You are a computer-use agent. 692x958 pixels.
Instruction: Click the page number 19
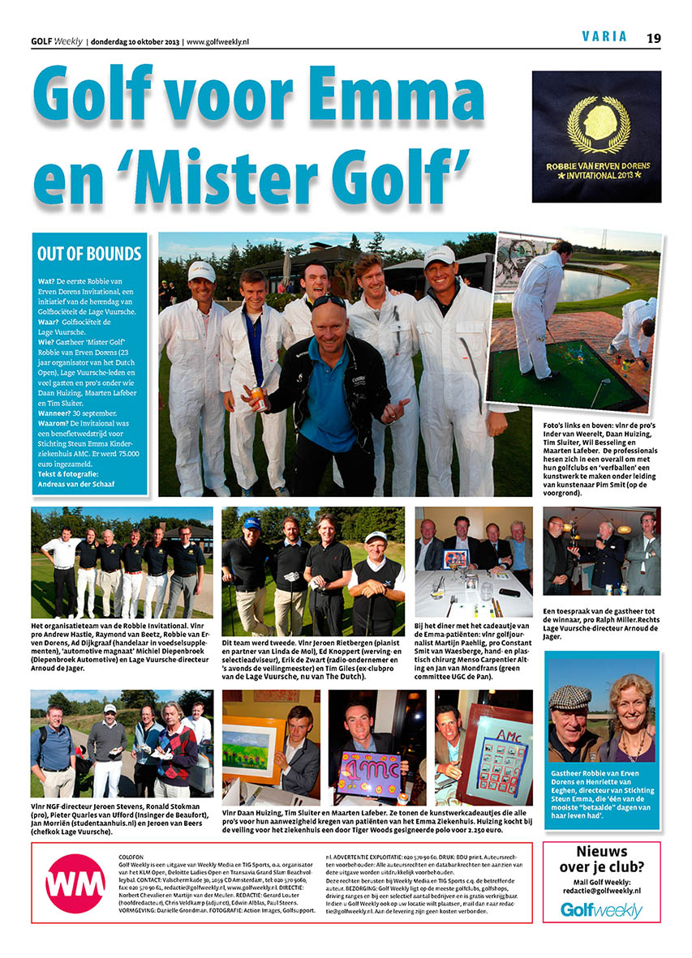654,37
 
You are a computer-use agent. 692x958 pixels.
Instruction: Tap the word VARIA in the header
605,36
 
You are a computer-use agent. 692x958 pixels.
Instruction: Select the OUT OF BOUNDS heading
89,254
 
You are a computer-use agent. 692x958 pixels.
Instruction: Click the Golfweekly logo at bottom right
601,910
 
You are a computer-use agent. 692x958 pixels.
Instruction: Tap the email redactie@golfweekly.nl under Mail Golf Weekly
601,890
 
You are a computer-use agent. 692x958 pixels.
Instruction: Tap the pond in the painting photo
575,284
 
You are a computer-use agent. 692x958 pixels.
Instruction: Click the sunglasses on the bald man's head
329,302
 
